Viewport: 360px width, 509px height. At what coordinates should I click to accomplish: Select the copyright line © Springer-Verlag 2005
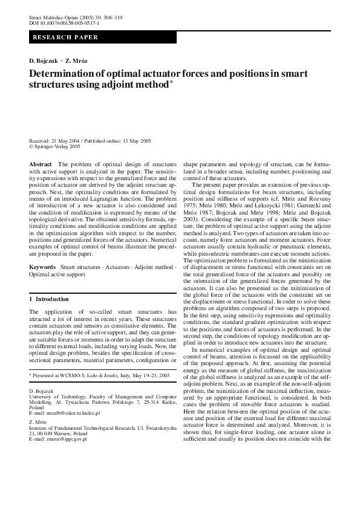(x=54, y=146)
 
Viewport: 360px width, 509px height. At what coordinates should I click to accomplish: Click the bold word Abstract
(x=41, y=164)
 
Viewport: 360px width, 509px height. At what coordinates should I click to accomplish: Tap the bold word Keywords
(x=42, y=266)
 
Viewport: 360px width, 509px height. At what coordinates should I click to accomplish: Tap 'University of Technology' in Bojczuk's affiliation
(x=57, y=397)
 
